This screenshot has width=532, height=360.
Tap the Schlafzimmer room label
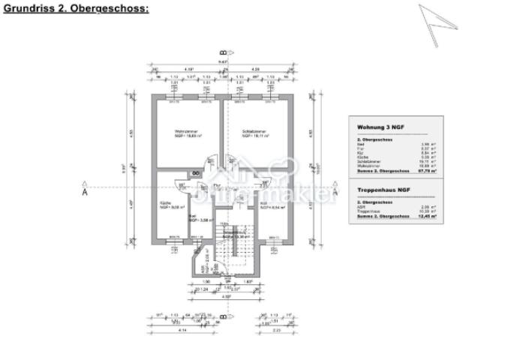(x=254, y=133)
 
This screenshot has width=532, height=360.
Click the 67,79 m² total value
(x=428, y=171)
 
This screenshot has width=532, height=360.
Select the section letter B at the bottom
(x=223, y=316)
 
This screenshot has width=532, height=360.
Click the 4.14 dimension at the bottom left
(x=181, y=330)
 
